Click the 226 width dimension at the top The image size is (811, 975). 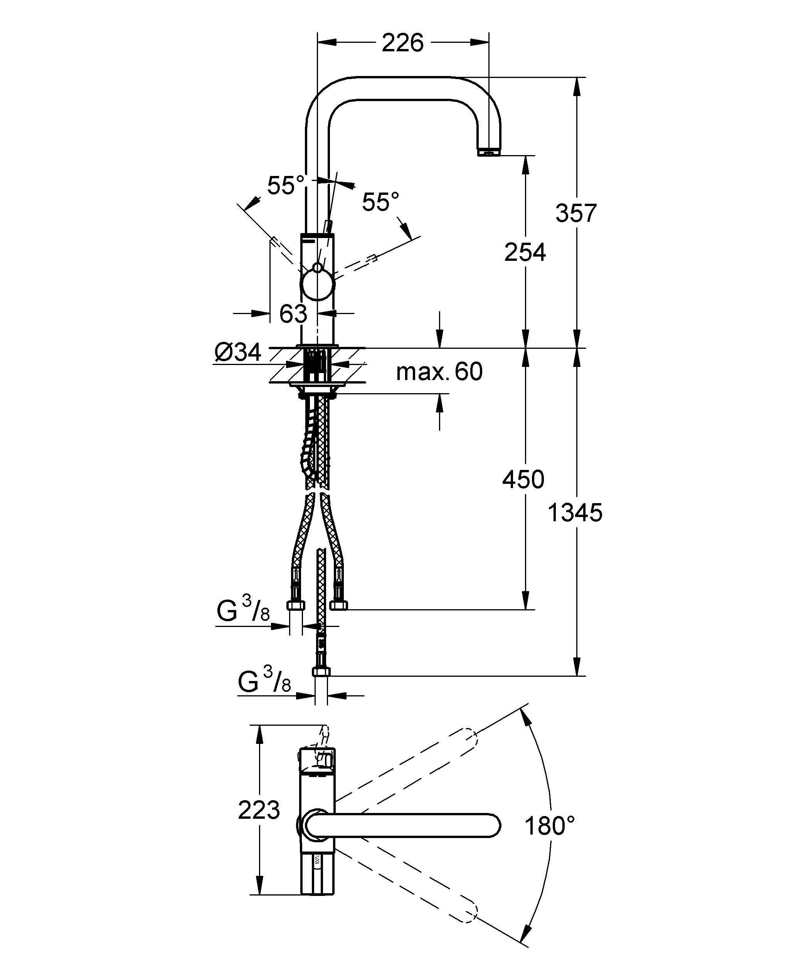tap(402, 43)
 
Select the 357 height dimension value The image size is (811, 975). tap(576, 213)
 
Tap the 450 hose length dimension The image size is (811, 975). tap(523, 479)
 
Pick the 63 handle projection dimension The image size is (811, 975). tap(293, 314)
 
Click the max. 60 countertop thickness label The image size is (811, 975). tap(439, 372)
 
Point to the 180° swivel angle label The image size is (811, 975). tap(550, 826)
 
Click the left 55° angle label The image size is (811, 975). tap(285, 186)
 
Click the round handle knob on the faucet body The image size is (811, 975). tap(317, 285)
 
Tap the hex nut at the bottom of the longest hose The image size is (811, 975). tap(321, 672)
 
